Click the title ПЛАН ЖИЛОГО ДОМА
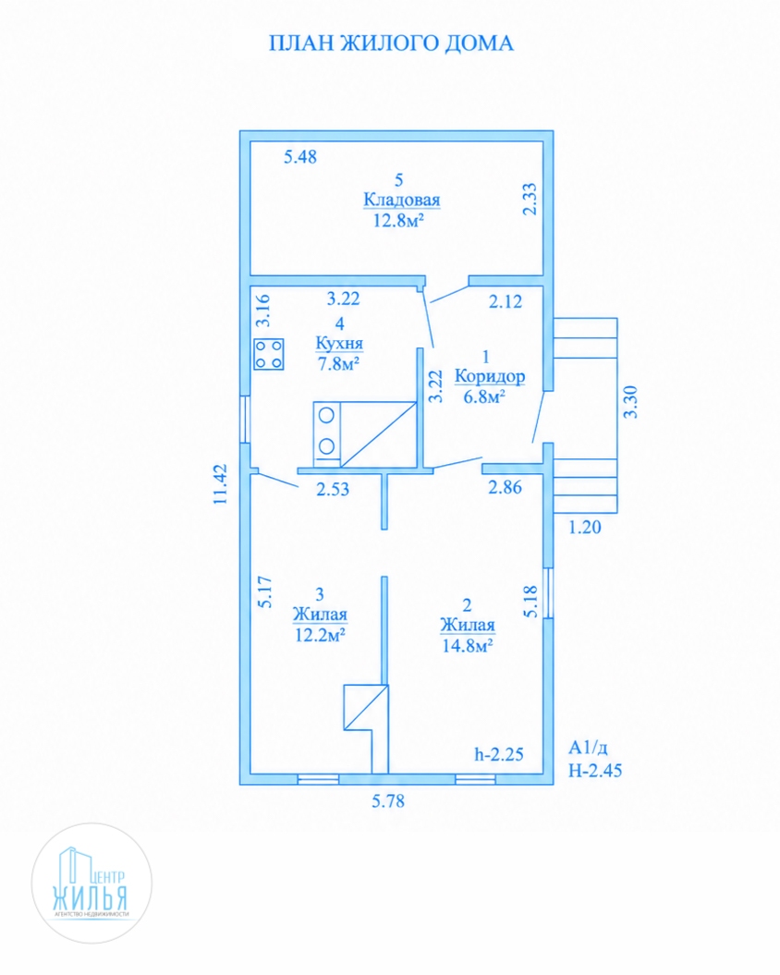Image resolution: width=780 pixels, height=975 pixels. click(391, 43)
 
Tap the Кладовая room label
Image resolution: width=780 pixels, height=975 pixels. click(401, 201)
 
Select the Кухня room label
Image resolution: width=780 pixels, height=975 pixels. click(339, 343)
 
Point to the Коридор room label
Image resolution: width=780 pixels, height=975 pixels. click(490, 376)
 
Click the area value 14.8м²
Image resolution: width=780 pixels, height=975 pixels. click(467, 645)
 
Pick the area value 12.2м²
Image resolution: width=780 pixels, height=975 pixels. click(320, 635)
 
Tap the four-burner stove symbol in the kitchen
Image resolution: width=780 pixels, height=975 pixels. click(269, 354)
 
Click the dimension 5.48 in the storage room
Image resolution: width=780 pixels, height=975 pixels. click(300, 157)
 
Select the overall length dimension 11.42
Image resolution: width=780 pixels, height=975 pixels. click(221, 483)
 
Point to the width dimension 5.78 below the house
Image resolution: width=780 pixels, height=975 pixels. click(388, 801)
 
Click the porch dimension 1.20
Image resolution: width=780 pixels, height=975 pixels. click(585, 528)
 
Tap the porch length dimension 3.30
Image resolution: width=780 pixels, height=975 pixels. click(630, 402)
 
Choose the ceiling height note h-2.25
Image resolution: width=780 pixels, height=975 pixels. click(499, 754)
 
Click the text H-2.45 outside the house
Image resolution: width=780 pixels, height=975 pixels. click(595, 771)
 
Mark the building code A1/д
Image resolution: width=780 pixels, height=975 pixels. click(588, 748)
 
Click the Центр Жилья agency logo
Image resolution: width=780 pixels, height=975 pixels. click(91, 883)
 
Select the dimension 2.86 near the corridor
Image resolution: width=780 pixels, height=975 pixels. click(506, 487)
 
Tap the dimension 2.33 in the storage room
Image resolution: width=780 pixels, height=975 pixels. click(530, 199)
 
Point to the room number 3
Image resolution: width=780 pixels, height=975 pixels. click(320, 594)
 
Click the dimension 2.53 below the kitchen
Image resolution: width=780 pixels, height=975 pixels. click(333, 490)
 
